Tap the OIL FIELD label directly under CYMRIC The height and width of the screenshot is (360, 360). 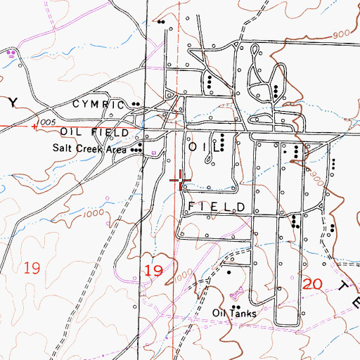pos(95,132)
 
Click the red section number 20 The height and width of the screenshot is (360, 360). pos(313,284)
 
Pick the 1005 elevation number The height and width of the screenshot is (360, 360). pos(49,122)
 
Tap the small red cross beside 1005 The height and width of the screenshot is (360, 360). pos(34,127)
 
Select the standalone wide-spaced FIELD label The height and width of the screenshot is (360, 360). pos(217,207)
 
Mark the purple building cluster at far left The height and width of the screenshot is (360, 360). pos(12,53)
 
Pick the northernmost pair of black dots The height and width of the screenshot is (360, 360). pos(162,21)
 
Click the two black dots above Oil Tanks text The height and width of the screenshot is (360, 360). pos(236,308)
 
